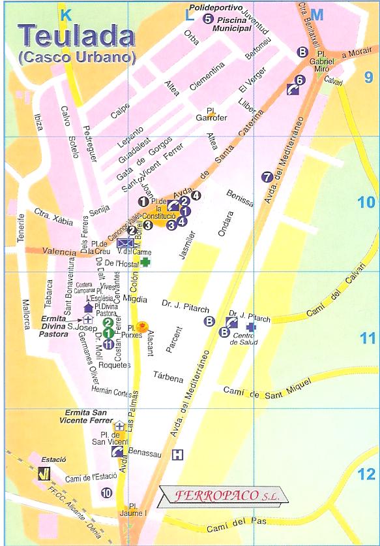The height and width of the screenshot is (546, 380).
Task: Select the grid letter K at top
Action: tap(66, 14)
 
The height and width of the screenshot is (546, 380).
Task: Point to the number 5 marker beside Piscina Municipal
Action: tap(208, 19)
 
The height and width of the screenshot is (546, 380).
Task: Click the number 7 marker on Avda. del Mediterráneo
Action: tap(266, 176)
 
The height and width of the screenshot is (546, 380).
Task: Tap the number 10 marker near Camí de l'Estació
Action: tap(107, 493)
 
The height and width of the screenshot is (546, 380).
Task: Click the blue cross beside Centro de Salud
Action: tap(251, 326)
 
